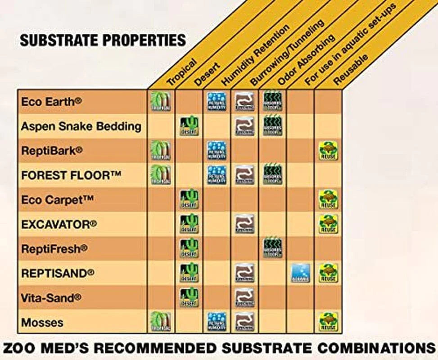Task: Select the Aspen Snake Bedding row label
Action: click(81, 126)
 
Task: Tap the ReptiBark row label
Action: click(52, 151)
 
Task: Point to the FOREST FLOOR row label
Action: click(71, 175)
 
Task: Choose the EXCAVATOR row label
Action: click(59, 224)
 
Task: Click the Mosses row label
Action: click(42, 322)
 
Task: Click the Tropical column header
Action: click(182, 72)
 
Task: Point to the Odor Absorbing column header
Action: click(306, 58)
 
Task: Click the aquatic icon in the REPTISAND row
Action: click(300, 273)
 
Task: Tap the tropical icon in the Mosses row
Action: click(161, 322)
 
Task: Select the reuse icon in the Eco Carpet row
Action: click(328, 199)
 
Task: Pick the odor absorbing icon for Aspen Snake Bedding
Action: click(272, 126)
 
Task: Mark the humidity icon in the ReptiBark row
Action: click(217, 151)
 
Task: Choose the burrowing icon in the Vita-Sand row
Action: click(244, 297)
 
